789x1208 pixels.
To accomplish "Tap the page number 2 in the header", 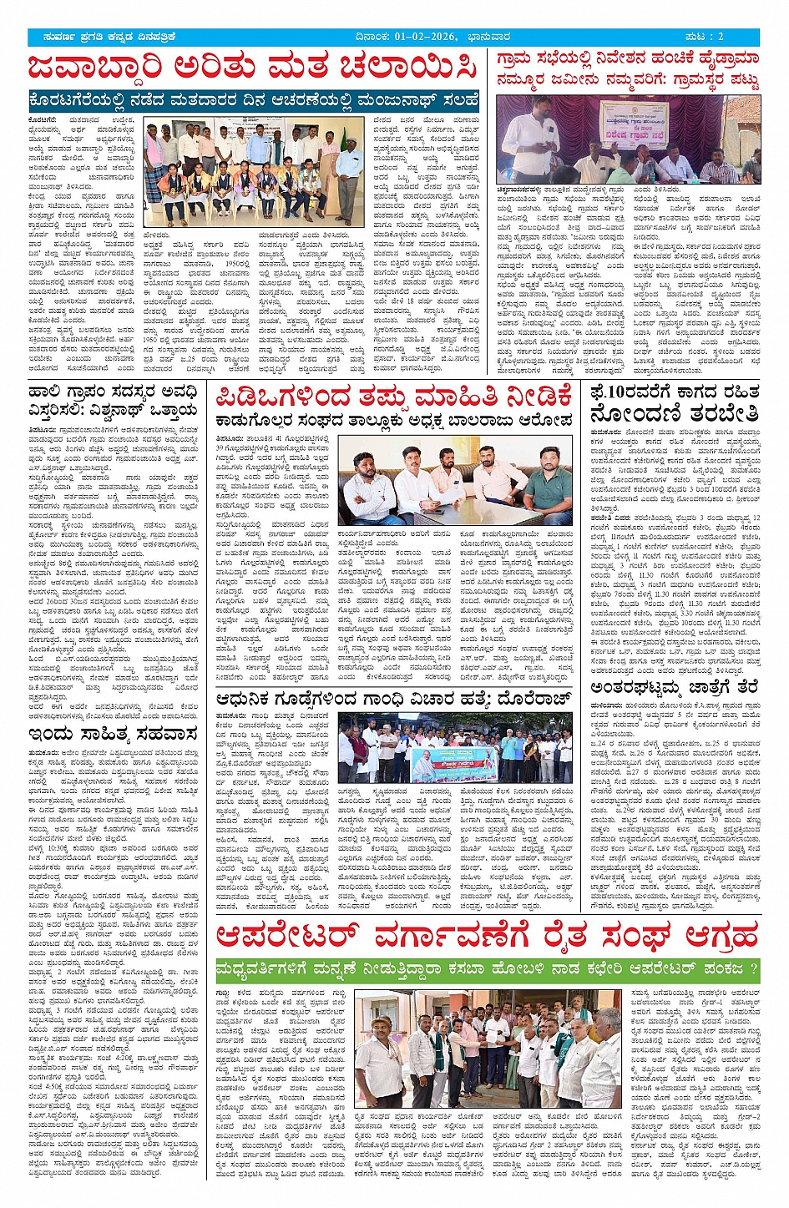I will point(721,37).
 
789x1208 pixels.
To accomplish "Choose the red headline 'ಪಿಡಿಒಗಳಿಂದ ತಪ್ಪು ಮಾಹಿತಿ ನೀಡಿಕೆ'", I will point(393,396).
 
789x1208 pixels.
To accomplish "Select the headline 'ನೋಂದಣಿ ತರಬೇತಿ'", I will point(675,414).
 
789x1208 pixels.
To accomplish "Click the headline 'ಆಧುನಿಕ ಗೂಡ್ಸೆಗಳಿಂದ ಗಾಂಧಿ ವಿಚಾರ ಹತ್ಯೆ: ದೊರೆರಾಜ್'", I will point(393,699).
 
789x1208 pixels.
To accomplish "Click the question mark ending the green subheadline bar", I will point(752,969).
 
